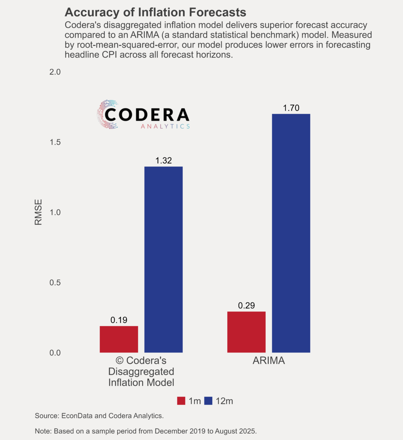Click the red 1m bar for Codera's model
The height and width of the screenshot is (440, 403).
coord(119,339)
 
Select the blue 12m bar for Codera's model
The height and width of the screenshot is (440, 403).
coord(163,259)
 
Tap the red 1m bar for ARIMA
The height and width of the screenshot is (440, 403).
coord(246,332)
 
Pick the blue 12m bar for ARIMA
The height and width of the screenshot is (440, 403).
coord(291,233)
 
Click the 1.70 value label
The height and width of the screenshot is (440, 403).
coord(291,108)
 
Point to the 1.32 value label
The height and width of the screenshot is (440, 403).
coord(163,161)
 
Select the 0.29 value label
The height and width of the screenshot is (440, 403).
coord(246,306)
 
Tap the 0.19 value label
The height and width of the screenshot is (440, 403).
coord(119,320)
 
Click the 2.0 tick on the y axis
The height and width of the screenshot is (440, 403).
coord(55,72)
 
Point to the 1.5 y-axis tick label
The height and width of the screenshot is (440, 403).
coord(55,142)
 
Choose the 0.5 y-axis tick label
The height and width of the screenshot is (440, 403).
coord(55,283)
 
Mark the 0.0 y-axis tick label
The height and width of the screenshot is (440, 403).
coord(55,353)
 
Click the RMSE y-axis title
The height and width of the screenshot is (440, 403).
coord(38,212)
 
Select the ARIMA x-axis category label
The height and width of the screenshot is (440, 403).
coord(269,361)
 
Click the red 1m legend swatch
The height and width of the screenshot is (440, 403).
coord(181,401)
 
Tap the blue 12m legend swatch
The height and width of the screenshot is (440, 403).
coord(208,401)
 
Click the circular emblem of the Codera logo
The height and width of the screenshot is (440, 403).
coord(107,114)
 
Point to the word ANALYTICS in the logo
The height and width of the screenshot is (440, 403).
coord(165,126)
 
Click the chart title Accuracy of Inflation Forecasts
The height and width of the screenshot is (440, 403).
coord(155,12)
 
